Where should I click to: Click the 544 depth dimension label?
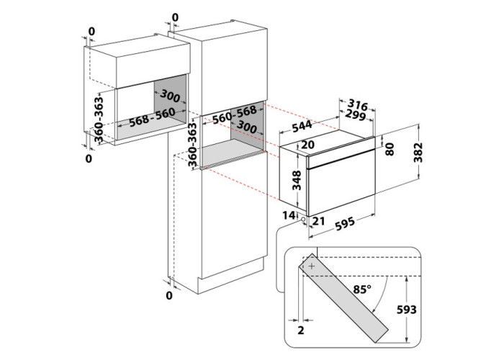[x=302, y=126]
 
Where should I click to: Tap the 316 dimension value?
[x=358, y=105]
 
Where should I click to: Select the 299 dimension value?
[x=356, y=115]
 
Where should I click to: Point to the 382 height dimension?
[x=418, y=153]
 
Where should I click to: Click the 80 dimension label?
[x=390, y=150]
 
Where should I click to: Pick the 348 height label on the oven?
[x=297, y=180]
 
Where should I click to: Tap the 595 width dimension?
[x=345, y=224]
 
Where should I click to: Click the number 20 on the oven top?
[x=307, y=145]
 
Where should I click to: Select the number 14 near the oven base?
[x=289, y=215]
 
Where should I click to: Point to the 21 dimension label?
[x=318, y=221]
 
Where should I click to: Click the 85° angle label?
[x=362, y=289]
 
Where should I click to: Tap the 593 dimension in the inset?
[x=406, y=310]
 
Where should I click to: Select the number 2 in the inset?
[x=301, y=330]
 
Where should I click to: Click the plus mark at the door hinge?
[x=312, y=266]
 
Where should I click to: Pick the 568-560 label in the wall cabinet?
[x=152, y=117]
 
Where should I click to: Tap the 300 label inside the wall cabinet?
[x=170, y=95]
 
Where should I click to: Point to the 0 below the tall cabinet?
[x=169, y=295]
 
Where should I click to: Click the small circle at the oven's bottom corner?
[x=303, y=219]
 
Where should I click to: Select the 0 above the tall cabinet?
[x=175, y=18]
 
